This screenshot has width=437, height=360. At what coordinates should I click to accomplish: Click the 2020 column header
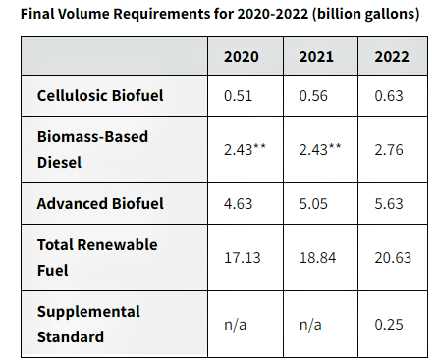(x=242, y=57)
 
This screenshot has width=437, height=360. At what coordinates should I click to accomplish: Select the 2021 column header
(x=316, y=57)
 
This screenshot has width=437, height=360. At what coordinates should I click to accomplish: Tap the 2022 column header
(x=392, y=57)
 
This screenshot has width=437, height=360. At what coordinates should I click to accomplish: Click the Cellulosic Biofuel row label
(x=100, y=96)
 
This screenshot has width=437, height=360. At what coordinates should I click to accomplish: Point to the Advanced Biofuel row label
(x=100, y=203)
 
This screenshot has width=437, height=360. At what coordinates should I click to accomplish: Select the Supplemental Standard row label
(x=88, y=324)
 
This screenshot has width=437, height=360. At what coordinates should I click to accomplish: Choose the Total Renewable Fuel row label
(x=97, y=257)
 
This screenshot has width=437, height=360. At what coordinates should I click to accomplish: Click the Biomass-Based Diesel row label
(x=92, y=149)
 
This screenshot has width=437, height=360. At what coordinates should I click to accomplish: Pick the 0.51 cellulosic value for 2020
(x=238, y=96)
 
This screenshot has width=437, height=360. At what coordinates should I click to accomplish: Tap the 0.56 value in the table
(x=313, y=96)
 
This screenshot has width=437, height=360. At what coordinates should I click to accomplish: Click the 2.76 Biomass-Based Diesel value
(x=389, y=150)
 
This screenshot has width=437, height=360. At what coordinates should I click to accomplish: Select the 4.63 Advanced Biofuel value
(x=238, y=204)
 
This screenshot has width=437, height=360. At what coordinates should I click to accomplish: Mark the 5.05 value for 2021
(x=313, y=204)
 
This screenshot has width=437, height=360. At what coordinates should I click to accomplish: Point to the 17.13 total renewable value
(x=243, y=258)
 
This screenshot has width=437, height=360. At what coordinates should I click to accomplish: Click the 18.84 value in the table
(x=317, y=258)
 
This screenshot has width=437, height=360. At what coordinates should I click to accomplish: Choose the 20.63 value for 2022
(x=393, y=258)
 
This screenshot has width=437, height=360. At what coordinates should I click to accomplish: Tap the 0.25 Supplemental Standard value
(x=389, y=325)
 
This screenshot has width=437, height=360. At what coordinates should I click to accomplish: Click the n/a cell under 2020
(x=235, y=325)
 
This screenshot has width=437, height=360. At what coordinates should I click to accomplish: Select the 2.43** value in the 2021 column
(x=320, y=149)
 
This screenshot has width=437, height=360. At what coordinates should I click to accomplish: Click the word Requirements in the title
(x=162, y=14)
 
